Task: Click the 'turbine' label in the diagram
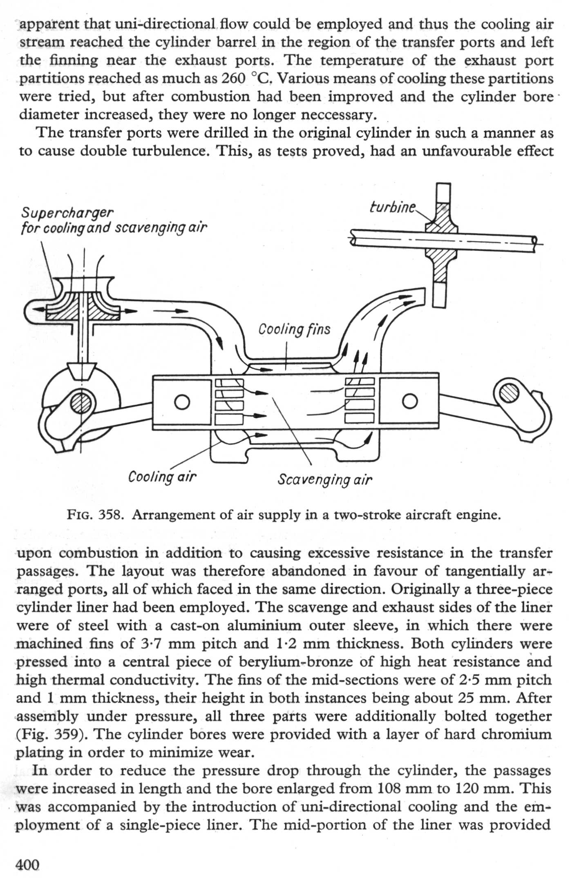[392, 207]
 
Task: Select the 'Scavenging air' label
[325, 479]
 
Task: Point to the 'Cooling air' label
[162, 477]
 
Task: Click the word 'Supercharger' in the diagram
[67, 213]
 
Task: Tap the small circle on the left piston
[182, 401]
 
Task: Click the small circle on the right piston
[409, 401]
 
